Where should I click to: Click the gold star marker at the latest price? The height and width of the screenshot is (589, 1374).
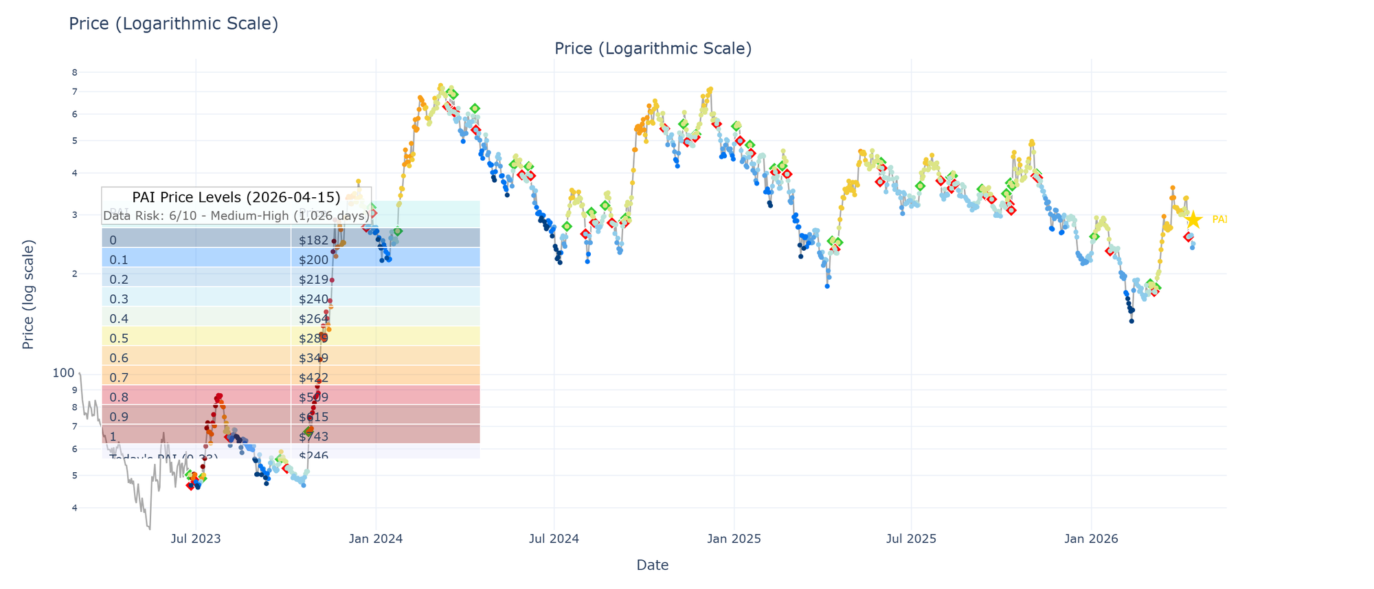(x=1194, y=220)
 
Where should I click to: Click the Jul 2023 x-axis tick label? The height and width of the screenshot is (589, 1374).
(x=196, y=540)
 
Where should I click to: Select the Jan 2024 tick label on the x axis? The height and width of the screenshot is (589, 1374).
(x=376, y=540)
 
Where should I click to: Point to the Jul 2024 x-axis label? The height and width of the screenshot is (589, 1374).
(x=555, y=540)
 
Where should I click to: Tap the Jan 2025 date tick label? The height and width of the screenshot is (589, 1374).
(x=734, y=540)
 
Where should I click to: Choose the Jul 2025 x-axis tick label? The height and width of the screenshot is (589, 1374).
(x=912, y=540)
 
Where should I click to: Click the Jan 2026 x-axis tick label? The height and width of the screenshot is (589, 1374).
(x=1092, y=540)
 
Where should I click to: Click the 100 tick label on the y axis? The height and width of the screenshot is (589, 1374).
(x=63, y=373)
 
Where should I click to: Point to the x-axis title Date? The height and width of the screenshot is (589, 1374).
(x=653, y=566)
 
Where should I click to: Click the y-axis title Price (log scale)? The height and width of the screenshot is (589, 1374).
(x=28, y=294)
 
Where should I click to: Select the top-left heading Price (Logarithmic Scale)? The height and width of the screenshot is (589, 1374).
(x=173, y=24)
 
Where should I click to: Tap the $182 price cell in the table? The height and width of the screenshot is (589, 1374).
(x=313, y=240)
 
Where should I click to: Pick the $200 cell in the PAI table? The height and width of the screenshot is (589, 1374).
(x=313, y=260)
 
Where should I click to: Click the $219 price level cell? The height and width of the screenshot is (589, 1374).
(x=313, y=280)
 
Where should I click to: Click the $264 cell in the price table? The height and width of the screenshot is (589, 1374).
(x=313, y=319)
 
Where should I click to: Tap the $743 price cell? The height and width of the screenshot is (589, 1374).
(x=313, y=436)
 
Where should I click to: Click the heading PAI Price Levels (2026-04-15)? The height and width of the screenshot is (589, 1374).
(x=236, y=197)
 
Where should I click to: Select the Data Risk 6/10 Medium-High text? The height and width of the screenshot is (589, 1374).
(x=236, y=216)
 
